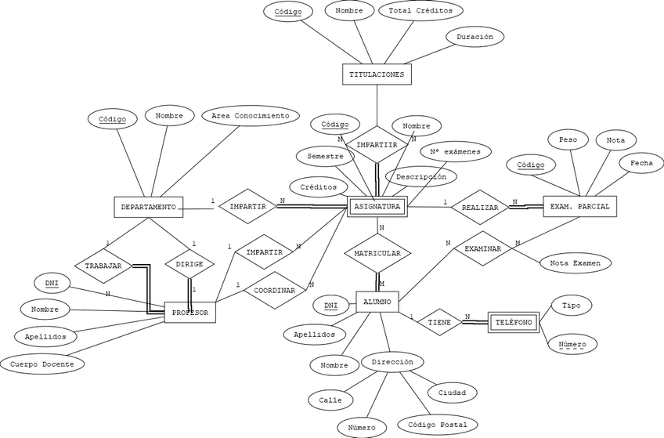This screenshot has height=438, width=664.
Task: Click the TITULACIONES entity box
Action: [x=377, y=74]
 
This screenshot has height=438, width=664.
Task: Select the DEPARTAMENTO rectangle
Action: [x=149, y=207]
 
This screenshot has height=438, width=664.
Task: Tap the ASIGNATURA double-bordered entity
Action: [x=377, y=207]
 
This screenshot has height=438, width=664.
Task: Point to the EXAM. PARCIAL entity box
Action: [x=579, y=206]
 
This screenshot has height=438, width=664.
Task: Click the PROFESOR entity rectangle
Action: [x=189, y=313]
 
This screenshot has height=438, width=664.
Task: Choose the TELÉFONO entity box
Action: [x=513, y=322]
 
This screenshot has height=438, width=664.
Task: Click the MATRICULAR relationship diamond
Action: [x=377, y=253]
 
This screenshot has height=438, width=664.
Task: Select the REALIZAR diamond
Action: [x=480, y=208]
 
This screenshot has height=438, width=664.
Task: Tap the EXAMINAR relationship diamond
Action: [x=483, y=248]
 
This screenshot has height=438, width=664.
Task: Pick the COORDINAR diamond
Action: [x=275, y=290]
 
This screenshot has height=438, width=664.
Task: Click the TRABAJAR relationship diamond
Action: [x=103, y=266]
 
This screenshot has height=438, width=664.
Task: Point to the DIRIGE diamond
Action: [x=189, y=264]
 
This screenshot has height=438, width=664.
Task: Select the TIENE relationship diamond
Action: [x=439, y=322]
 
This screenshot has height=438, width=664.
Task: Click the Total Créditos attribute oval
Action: [x=420, y=11]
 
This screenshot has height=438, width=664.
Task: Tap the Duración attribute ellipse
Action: [x=475, y=37]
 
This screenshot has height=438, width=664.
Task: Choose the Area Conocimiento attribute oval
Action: [x=251, y=116]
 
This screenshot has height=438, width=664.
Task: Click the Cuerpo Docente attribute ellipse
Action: [x=42, y=364]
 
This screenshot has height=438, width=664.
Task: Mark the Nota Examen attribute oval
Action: [x=576, y=263]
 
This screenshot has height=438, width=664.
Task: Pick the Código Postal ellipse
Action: [x=438, y=425]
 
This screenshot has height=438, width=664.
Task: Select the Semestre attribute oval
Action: [x=325, y=156]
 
